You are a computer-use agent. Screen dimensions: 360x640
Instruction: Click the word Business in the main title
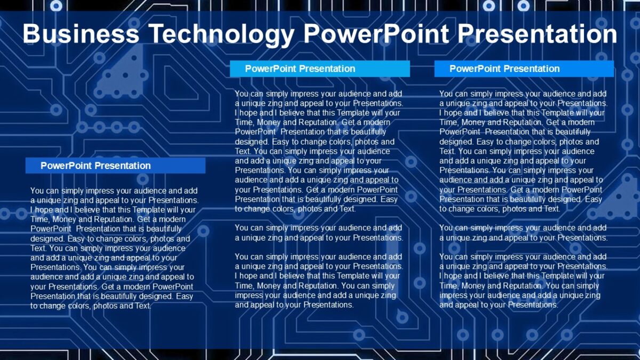click(x=80, y=34)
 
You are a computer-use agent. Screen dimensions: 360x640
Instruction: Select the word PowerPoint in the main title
click(x=375, y=34)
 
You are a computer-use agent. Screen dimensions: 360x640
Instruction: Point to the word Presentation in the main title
click(x=537, y=34)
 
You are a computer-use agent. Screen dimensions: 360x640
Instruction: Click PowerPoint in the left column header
click(x=66, y=165)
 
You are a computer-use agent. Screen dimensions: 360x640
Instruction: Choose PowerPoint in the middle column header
click(x=271, y=69)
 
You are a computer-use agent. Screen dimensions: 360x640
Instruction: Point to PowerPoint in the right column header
click(x=475, y=69)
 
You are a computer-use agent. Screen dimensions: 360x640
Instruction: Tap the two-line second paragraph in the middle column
click(x=318, y=233)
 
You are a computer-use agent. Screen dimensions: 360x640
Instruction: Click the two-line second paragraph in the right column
click(x=523, y=233)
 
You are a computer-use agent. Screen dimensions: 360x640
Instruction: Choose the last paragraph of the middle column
click(x=318, y=281)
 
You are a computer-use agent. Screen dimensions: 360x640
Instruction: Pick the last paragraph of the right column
click(x=523, y=281)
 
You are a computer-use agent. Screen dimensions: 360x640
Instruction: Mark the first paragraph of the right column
click(x=523, y=151)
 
